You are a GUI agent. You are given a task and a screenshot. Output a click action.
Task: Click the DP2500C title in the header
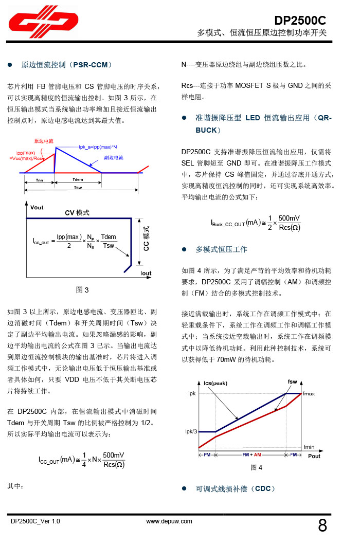pyautogui.click(x=300, y=21)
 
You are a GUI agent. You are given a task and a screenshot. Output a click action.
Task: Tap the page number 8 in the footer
pyautogui.click(x=322, y=525)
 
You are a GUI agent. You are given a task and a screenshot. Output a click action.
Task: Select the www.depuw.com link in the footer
pyautogui.click(x=169, y=521)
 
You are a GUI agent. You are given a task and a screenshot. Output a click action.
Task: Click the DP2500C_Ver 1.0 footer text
pyautogui.click(x=35, y=521)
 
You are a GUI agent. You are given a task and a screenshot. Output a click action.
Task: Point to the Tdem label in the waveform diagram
pyautogui.click(x=78, y=180)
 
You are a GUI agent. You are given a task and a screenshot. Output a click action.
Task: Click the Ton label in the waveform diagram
pyautogui.click(x=40, y=180)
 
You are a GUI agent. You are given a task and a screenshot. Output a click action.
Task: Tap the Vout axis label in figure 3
pyautogui.click(x=37, y=207)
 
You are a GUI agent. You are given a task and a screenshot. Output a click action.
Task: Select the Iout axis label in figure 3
pyautogui.click(x=146, y=273)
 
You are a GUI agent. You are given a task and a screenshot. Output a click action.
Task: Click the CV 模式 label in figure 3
pyautogui.click(x=77, y=213)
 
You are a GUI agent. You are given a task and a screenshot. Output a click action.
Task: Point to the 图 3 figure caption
pyautogui.click(x=82, y=290)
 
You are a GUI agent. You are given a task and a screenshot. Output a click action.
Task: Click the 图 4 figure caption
pyautogui.click(x=256, y=467)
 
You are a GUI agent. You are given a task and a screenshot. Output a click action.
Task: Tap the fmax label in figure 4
pyautogui.click(x=309, y=393)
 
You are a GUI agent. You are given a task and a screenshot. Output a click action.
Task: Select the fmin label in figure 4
pyautogui.click(x=309, y=447)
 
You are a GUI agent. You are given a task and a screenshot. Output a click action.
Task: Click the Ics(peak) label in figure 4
pyautogui.click(x=215, y=383)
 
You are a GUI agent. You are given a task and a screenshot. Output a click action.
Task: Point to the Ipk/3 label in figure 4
pyautogui.click(x=190, y=431)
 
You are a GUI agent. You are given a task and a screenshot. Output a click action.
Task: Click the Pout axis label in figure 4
pyautogui.click(x=314, y=456)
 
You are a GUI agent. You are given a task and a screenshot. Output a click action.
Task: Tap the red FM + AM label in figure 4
pyautogui.click(x=251, y=455)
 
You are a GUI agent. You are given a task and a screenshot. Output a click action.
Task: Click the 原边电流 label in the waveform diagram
pyautogui.click(x=44, y=141)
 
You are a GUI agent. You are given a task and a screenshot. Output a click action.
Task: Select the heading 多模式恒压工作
pyautogui.click(x=221, y=249)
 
